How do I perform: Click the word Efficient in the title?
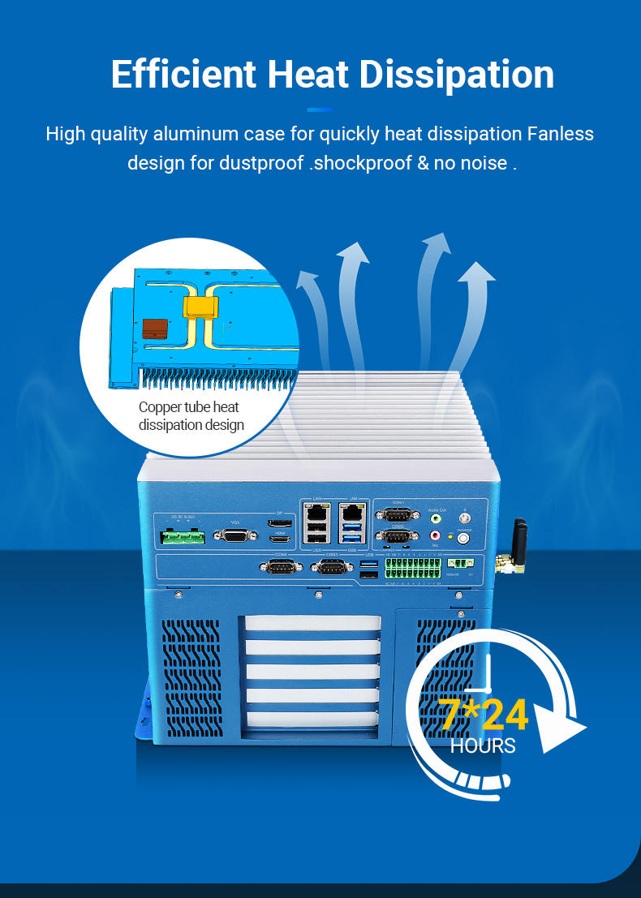[x=183, y=74]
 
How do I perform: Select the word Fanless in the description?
[x=561, y=133]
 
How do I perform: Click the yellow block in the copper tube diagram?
[x=200, y=307]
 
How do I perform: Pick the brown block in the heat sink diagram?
[x=155, y=329]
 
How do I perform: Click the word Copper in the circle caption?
[x=160, y=407]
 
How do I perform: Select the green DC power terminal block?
[x=183, y=537]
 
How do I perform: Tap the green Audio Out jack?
[x=437, y=517]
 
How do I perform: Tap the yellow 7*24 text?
[x=484, y=715]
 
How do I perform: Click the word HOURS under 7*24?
[x=483, y=745]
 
